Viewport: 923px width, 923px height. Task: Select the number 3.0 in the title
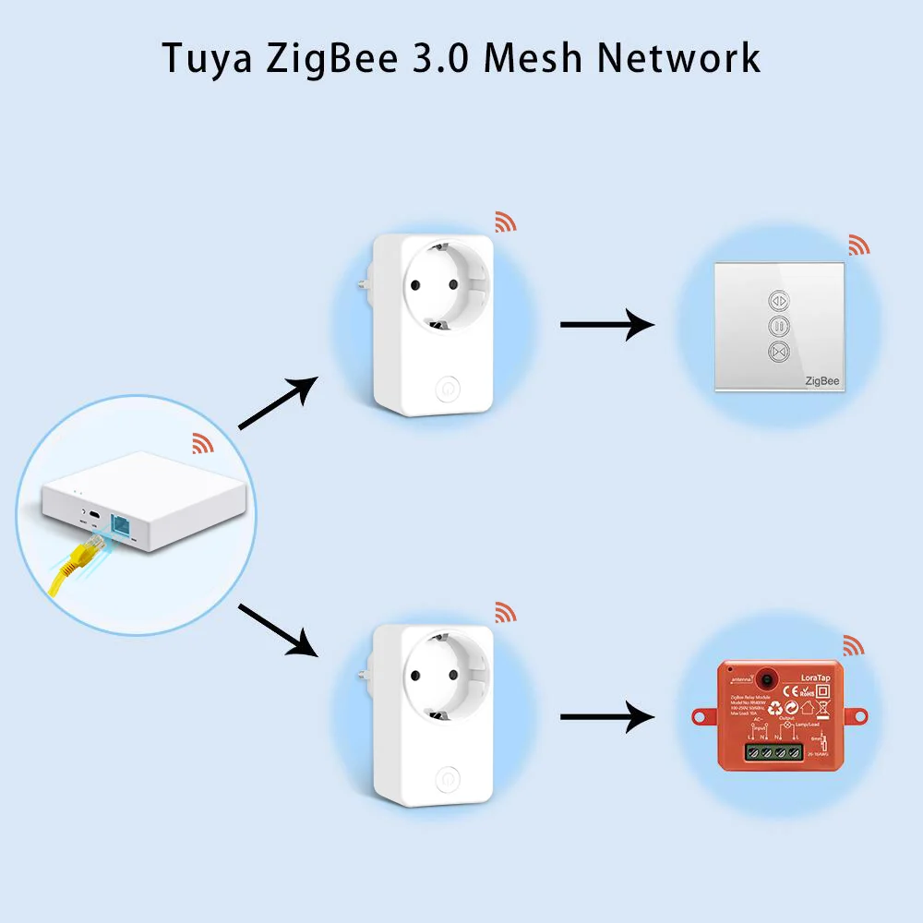pos(437,57)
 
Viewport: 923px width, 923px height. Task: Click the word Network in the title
pos(677,57)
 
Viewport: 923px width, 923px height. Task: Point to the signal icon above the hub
pos(203,443)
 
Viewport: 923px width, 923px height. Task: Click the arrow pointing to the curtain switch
pos(606,325)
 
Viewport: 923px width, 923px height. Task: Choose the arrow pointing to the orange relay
pos(606,716)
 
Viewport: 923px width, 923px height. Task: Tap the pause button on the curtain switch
pos(780,325)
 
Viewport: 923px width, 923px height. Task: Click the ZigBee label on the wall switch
pos(821,379)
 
